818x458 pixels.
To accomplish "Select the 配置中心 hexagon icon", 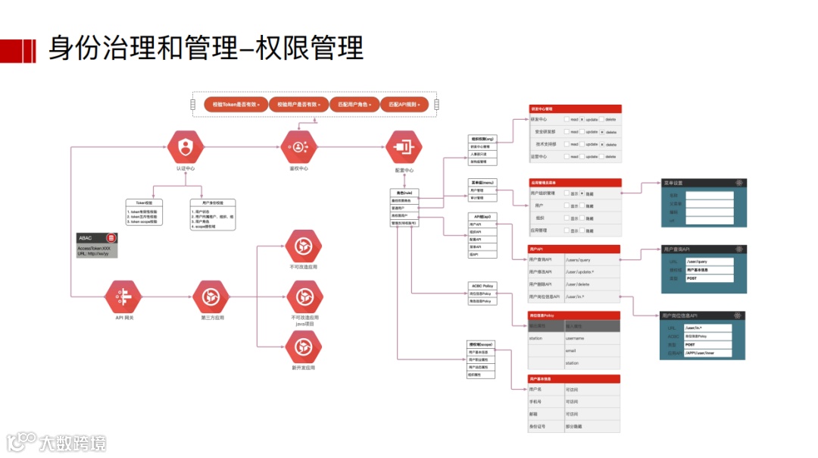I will tap(404, 147).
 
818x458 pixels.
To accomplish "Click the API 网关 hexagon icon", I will tap(123, 296).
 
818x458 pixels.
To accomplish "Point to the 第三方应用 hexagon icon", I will tap(211, 296).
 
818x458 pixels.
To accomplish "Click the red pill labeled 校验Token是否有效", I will tap(237, 104).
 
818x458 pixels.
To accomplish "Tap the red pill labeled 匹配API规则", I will tap(404, 104).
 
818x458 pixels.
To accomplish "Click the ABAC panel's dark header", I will tap(96, 238).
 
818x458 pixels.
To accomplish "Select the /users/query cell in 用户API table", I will tap(592, 260).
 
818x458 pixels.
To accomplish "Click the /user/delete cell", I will tap(592, 284).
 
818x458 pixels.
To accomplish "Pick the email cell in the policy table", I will tap(592, 351).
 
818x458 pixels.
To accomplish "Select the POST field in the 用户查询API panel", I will tap(709, 278).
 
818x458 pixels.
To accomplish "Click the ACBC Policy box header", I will tap(482, 286).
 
